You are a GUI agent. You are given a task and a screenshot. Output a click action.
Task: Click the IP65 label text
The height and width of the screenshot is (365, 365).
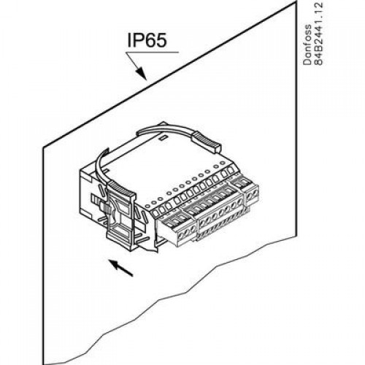click(147, 40)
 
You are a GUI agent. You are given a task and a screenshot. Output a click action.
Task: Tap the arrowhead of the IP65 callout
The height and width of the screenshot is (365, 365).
click(142, 74)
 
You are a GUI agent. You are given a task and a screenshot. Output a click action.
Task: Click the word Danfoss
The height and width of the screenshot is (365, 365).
click(307, 45)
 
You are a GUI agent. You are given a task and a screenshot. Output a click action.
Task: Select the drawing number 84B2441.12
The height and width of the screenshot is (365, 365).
click(318, 34)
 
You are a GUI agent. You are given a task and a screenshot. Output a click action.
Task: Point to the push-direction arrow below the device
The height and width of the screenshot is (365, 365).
click(120, 268)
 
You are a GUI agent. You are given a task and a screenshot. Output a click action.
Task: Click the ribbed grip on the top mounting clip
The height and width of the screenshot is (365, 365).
click(207, 142)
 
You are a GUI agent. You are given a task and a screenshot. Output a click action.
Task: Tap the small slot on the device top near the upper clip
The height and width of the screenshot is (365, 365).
click(162, 138)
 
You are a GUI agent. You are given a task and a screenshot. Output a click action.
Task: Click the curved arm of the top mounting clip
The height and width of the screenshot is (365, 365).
click(168, 130)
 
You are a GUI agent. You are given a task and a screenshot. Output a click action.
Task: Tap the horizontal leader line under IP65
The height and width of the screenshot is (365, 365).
click(152, 52)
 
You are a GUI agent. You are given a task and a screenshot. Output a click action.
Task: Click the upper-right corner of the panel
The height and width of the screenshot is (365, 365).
click(297, 1)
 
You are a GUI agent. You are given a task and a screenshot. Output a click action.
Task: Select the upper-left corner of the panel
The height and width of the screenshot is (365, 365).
click(44, 147)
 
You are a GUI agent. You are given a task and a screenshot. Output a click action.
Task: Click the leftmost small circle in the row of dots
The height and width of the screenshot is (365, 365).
click(147, 206)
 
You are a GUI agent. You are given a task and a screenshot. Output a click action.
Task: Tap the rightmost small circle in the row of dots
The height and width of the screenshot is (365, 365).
click(222, 163)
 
